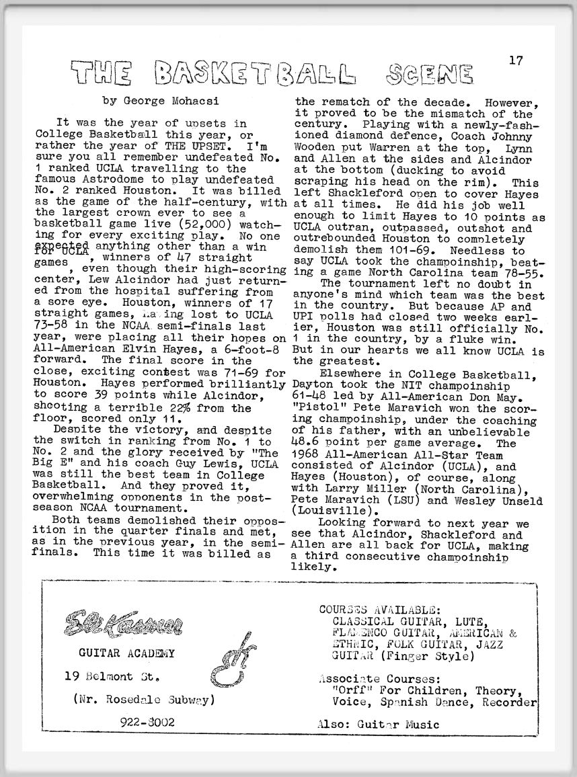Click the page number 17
(516, 60)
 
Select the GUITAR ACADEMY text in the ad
(126, 653)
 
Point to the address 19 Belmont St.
(113, 675)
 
